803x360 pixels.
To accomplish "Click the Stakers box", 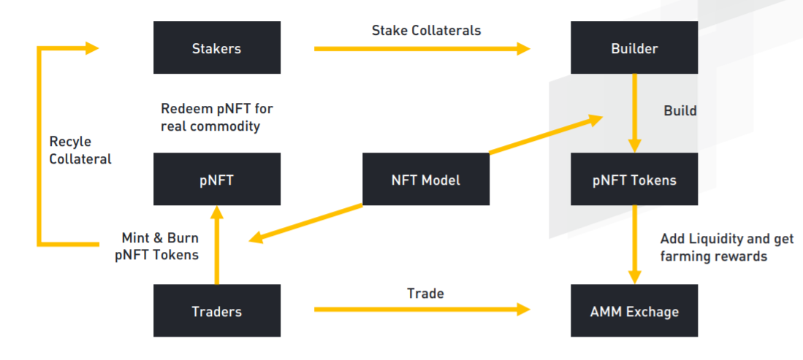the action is pos(216,47).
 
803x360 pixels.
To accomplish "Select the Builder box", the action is pos(634,47).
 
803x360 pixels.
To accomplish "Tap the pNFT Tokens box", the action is pos(634,179).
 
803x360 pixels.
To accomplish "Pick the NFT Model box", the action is pos(425,179).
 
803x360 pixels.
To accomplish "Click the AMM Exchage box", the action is pos(634,310).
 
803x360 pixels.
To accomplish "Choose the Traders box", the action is pos(216,310).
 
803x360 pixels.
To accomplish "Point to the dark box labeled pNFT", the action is pos(216,179).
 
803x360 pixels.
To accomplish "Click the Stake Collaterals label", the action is pos(426,30).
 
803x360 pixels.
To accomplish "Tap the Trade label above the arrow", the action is pos(425,294).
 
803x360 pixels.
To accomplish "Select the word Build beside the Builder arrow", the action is pos(680,110).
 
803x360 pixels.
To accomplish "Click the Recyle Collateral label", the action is pos(80,150).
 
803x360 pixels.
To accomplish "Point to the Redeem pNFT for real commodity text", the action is pos(217,118).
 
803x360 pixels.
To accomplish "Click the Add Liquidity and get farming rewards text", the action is pos(727,248).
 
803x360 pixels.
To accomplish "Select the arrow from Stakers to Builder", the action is pos(422,49).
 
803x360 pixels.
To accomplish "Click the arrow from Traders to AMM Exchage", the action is pos(422,309).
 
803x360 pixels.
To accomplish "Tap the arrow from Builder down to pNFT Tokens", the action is pos(635,112).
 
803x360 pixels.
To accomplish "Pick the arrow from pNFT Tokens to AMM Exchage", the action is pos(635,245).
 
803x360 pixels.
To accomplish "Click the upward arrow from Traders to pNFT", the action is pos(217,245).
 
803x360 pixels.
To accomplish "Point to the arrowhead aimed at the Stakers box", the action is pos(92,49).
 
